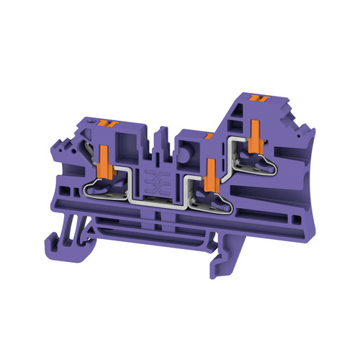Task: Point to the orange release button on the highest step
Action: (252, 96)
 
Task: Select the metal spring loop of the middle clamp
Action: (213, 199)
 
